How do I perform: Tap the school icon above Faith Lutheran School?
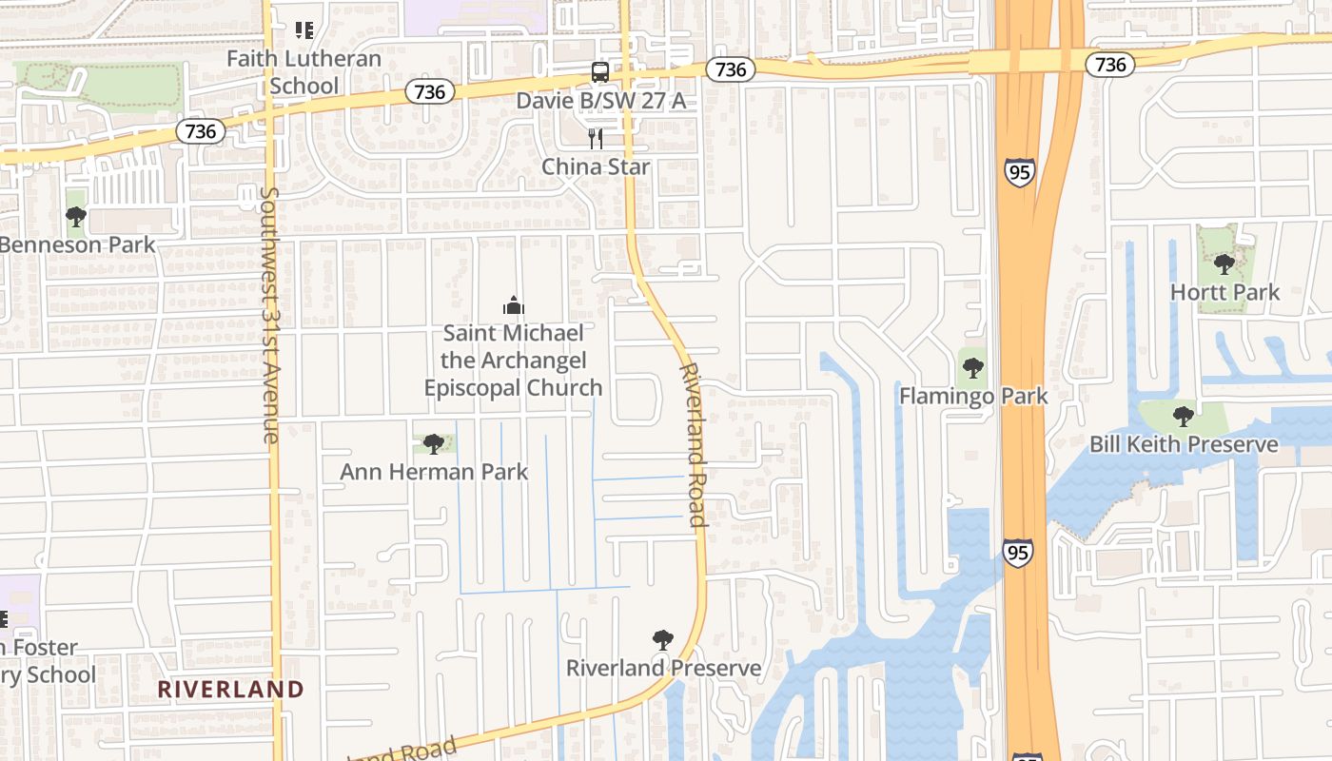click(304, 30)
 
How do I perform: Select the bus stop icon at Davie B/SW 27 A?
click(600, 71)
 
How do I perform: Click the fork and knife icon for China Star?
click(596, 139)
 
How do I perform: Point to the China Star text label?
click(596, 166)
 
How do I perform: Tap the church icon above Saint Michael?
click(513, 305)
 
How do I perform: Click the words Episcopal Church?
click(513, 388)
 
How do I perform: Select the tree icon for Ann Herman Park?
click(434, 443)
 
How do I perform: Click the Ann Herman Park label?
click(434, 472)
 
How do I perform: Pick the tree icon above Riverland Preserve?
click(663, 640)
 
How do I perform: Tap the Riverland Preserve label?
click(663, 668)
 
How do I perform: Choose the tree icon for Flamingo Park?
click(972, 368)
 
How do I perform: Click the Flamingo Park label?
click(972, 396)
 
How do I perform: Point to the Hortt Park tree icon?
click(1224, 263)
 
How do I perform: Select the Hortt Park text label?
click(1224, 292)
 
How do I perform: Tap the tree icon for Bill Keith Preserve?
click(1184, 416)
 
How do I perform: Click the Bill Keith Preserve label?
click(1184, 444)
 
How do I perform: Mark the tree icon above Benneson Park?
click(76, 217)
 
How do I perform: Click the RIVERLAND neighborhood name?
click(230, 689)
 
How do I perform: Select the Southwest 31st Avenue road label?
click(270, 315)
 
